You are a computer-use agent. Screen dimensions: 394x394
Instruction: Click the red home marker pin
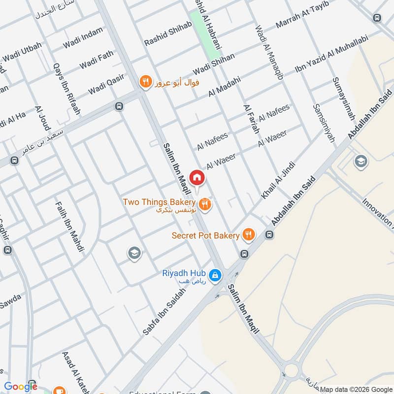pyautogui.click(x=197, y=177)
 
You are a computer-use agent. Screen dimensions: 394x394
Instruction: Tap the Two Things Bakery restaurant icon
pyautogui.click(x=205, y=203)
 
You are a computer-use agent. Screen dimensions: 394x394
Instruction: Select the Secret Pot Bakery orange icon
pyautogui.click(x=248, y=235)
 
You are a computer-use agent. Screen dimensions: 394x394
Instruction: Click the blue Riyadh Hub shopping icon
pyautogui.click(x=215, y=276)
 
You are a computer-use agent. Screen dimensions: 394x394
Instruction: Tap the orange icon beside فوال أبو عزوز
pyautogui.click(x=145, y=82)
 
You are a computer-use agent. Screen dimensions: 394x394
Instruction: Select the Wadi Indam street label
pyautogui.click(x=83, y=38)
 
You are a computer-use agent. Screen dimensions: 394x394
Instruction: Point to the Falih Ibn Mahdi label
pyautogui.click(x=69, y=226)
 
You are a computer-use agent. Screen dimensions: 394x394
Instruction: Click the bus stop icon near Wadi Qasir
pyautogui.click(x=118, y=106)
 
